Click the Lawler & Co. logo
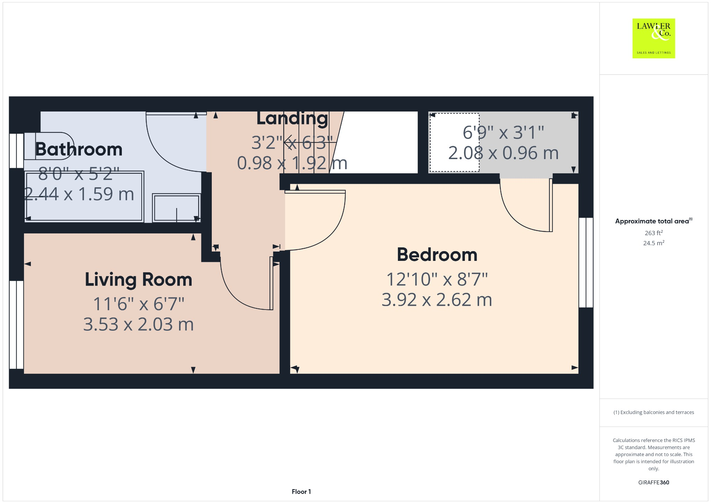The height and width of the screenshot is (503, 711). pos(653,38)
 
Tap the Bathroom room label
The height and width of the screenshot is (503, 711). pos(79,149)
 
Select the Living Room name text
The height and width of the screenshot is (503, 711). pos(138,280)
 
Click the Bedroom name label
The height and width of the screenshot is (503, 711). pos(437,255)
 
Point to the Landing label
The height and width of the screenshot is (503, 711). pos(292,118)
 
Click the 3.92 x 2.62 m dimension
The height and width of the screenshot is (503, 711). pos(437,300)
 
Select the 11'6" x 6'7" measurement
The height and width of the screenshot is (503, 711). pos(138,304)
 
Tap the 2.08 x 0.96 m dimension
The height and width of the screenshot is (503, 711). pos(503,153)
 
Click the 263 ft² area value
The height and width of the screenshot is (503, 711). pos(653,233)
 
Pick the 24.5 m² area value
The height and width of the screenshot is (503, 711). pos(653,243)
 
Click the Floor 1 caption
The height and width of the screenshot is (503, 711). pos(301,492)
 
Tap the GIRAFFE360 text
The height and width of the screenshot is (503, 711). pos(653,482)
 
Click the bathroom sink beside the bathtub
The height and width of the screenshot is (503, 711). pos(176,208)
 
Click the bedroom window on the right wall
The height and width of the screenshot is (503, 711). pos(586,262)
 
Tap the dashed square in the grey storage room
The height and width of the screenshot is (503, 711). pos(454,142)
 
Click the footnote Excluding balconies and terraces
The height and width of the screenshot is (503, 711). pos(653,412)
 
